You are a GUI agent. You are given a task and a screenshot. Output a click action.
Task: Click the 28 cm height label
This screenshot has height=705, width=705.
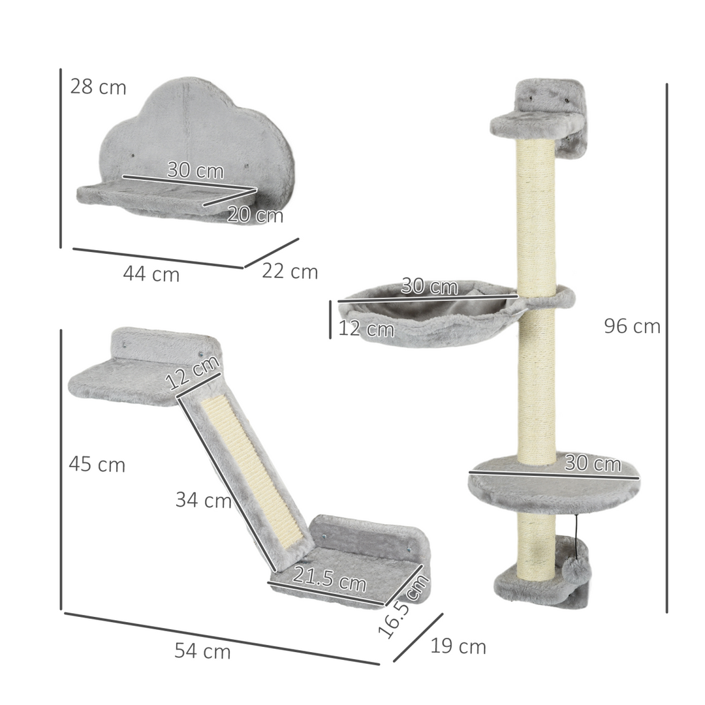pos(98,87)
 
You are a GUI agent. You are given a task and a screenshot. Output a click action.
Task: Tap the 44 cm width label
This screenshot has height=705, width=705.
pos(151,275)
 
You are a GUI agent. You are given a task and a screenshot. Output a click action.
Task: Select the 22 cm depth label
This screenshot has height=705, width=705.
pos(290,272)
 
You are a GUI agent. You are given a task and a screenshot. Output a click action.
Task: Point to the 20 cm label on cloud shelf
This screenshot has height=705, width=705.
pos(255,214)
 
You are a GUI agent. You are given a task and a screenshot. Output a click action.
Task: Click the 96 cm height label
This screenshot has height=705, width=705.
pos(631,326)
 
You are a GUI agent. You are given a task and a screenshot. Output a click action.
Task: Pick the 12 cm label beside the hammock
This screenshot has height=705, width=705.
pos(366,328)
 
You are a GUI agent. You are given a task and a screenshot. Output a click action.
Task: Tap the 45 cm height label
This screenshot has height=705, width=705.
pos(97,465)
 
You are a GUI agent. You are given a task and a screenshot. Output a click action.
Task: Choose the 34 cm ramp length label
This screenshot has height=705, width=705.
pos(203,501)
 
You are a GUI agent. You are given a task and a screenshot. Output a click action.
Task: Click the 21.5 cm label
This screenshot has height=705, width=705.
pos(330,578)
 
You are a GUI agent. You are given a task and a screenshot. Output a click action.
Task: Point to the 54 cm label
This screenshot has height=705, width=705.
pos(202,651)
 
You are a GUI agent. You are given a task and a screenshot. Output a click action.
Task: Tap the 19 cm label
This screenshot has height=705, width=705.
pos(458,647)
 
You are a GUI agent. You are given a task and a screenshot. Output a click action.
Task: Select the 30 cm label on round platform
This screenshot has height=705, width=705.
pos(592,464)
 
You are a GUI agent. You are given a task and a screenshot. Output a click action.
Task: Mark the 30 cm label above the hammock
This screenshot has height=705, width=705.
pos(429,286)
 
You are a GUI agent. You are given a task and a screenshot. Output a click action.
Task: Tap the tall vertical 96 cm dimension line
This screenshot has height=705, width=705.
pos(667,346)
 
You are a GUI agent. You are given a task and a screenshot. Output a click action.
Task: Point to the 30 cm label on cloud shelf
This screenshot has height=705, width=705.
pos(195,171)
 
